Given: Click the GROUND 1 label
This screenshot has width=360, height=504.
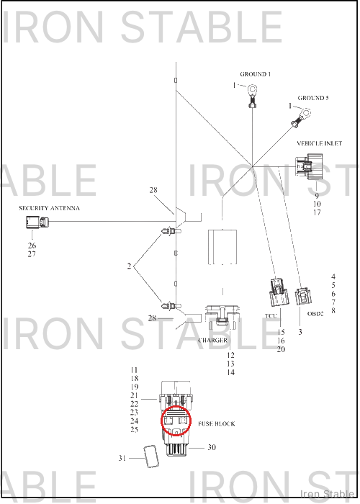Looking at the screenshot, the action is [x=255, y=74].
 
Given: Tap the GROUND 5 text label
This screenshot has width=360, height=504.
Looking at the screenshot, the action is [x=312, y=98].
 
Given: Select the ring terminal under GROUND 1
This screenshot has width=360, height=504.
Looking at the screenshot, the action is [x=253, y=95].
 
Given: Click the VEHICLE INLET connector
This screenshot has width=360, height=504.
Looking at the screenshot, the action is [x=309, y=166].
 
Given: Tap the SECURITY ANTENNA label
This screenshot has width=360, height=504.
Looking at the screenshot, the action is [x=49, y=208].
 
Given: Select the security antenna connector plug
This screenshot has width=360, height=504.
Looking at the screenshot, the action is [x=37, y=222].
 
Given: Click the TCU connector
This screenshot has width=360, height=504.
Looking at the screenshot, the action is [x=279, y=292].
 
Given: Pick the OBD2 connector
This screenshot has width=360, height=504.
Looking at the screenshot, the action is [x=303, y=296].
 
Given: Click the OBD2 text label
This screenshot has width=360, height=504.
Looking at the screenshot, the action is [x=315, y=314].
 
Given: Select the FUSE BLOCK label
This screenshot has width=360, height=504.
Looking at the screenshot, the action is [x=216, y=424].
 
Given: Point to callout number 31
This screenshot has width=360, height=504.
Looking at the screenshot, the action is [x=122, y=458].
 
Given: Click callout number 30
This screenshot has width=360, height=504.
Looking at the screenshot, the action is [x=212, y=447].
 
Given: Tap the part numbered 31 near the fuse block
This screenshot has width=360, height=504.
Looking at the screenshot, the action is [x=150, y=456].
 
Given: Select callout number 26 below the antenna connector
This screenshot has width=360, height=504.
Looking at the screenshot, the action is [x=32, y=246].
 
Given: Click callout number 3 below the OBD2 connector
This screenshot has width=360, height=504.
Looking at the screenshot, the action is [x=300, y=332].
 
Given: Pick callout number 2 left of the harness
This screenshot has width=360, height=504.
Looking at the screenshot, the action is [x=129, y=266].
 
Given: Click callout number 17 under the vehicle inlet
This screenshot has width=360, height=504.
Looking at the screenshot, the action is [x=317, y=212].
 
